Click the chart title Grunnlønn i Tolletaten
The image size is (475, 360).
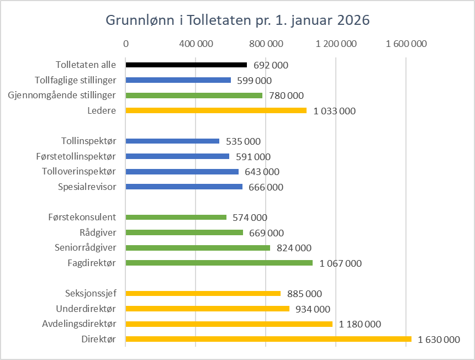tap(237, 20)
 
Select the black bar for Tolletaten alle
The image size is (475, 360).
tap(186, 65)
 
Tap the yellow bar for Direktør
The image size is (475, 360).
tap(268, 339)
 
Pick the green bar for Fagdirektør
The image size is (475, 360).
tap(219, 263)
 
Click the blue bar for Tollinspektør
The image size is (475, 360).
tap(172, 141)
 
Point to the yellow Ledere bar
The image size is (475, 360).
tap(216, 110)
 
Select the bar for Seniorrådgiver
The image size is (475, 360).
tap(198, 248)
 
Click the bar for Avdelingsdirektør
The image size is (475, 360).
tap(229, 324)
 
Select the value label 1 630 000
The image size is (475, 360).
tap(439, 340)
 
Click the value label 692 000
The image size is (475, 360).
tap(271, 65)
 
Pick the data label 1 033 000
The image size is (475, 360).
tap(335, 111)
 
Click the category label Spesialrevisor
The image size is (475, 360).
tap(87, 187)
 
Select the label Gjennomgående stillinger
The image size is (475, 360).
tap(62, 95)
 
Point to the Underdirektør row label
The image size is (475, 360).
tap(86, 308)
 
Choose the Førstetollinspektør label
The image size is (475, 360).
tap(79, 156)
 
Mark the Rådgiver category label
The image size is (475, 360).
tap(98, 232)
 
